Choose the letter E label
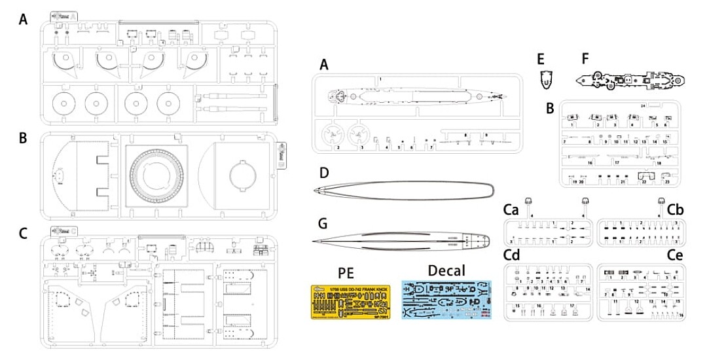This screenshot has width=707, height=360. [x=541, y=60]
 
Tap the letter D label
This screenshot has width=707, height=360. [x=323, y=173]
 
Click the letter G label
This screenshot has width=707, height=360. [x=323, y=224]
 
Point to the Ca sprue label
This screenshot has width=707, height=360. [x=512, y=210]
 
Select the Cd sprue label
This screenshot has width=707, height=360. [x=512, y=254]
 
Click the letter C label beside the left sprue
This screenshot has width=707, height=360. [x=23, y=234]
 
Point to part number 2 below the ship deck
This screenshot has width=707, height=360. [x=338, y=147]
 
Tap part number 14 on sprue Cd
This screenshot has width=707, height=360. [x=587, y=289]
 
